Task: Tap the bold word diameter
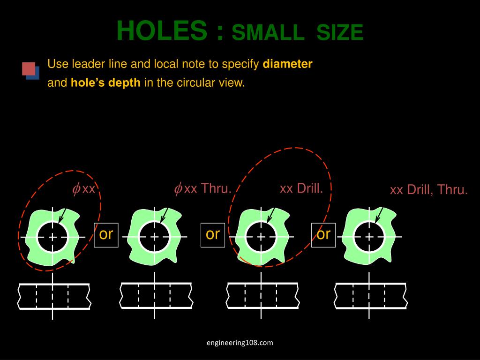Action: [x=287, y=64]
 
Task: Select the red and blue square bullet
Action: [x=30, y=70]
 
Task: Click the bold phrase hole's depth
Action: [x=105, y=83]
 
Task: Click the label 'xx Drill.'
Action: [x=301, y=188]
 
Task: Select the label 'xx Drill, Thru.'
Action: [x=429, y=190]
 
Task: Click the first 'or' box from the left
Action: [x=106, y=234]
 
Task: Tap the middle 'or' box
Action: [x=213, y=234]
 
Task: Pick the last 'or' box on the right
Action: [x=323, y=234]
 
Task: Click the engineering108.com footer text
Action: [x=240, y=343]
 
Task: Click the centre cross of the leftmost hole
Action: [x=52, y=237]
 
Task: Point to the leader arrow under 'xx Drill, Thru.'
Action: [x=378, y=216]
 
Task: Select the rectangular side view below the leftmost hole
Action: [x=54, y=296]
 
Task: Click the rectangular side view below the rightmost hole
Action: [x=370, y=296]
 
